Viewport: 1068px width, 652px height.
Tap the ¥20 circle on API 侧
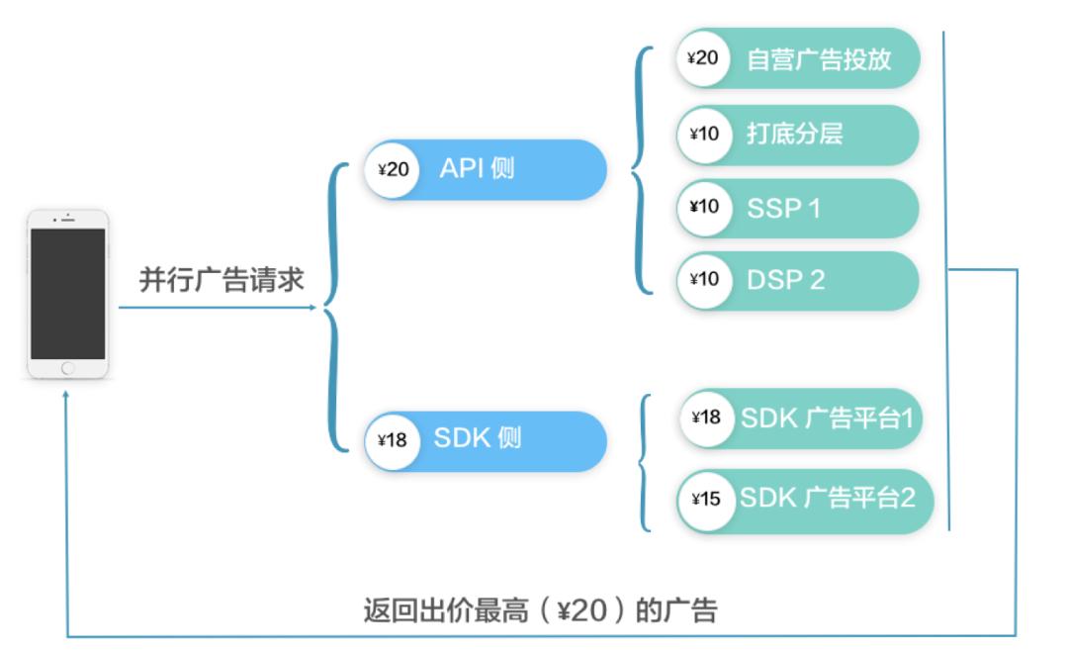click(393, 169)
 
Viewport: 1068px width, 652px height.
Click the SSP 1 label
click(783, 208)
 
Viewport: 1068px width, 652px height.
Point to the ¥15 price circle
click(706, 499)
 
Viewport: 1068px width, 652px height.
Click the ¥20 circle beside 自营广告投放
click(703, 57)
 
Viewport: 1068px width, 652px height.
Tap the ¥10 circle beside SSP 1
click(704, 208)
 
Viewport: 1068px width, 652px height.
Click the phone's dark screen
click(67, 294)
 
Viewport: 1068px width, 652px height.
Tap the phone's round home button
click(67, 368)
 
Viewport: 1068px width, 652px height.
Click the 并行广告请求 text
click(221, 280)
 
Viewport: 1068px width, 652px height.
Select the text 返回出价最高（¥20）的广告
click(539, 609)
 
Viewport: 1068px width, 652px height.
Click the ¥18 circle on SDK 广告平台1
click(706, 418)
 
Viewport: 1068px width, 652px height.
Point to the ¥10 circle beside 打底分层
click(704, 134)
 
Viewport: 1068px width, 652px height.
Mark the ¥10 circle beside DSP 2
click(704, 280)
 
